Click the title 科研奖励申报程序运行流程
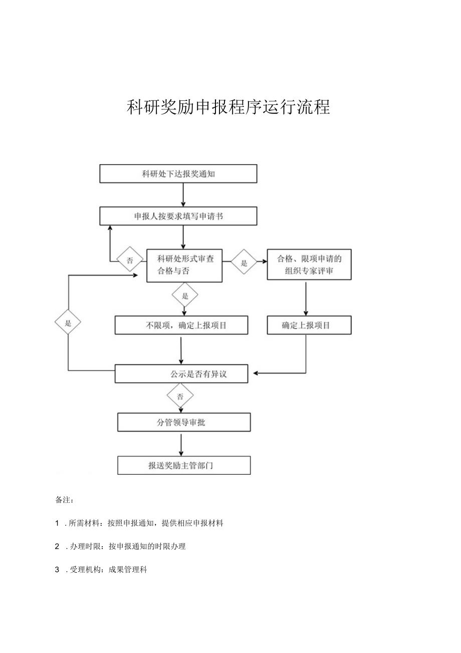(x=228, y=107)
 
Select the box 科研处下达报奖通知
(x=178, y=174)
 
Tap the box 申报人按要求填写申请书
(x=178, y=216)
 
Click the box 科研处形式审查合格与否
(x=184, y=265)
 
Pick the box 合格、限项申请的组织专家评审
(x=309, y=265)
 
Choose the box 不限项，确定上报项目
(x=181, y=325)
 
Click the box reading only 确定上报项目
(x=309, y=325)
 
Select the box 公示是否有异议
(x=181, y=373)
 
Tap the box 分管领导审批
(x=183, y=422)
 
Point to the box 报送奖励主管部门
(x=183, y=465)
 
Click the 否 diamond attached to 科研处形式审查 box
(x=130, y=260)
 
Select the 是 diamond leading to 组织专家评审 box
(x=244, y=262)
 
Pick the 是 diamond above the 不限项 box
(x=185, y=296)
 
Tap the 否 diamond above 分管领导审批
(x=180, y=397)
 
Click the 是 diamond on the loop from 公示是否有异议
(x=68, y=323)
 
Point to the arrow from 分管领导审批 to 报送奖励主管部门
(x=181, y=444)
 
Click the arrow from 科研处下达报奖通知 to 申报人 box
(x=183, y=195)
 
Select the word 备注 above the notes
(x=65, y=500)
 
